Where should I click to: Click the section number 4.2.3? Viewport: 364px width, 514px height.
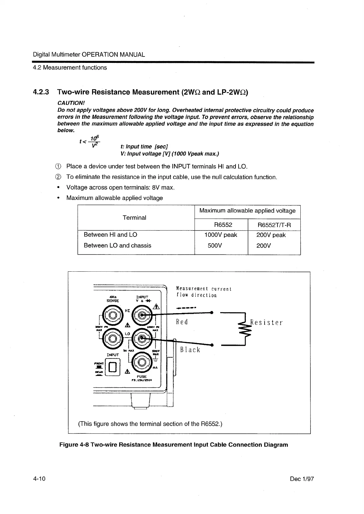click(x=41, y=92)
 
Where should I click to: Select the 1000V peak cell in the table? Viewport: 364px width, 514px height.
click(x=221, y=235)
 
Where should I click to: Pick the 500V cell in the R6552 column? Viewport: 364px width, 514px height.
click(x=214, y=245)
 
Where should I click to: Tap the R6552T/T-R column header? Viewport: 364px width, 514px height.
click(x=274, y=225)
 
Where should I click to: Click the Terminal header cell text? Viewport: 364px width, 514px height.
click(x=134, y=218)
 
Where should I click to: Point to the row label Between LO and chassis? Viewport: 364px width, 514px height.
click(x=117, y=245)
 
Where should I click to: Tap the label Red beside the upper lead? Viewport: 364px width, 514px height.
click(x=182, y=322)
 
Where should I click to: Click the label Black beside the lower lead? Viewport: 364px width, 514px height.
click(x=190, y=350)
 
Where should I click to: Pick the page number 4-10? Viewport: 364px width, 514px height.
click(x=39, y=479)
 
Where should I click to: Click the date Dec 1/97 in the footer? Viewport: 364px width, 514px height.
click(x=302, y=479)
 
